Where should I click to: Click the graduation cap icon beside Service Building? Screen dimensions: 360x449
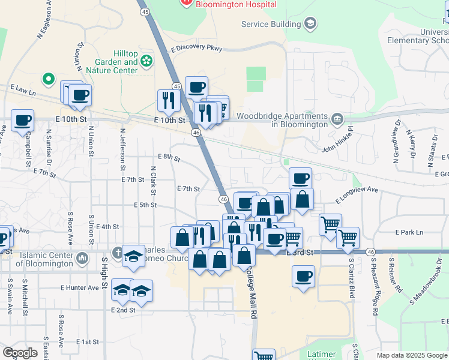310,23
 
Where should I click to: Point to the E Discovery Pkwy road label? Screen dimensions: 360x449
196,48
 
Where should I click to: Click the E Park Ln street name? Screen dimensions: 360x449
409,232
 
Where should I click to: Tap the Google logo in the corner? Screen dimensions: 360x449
20,353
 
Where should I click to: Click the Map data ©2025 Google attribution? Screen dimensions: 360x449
411,355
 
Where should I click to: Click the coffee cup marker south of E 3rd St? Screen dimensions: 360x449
303,277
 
